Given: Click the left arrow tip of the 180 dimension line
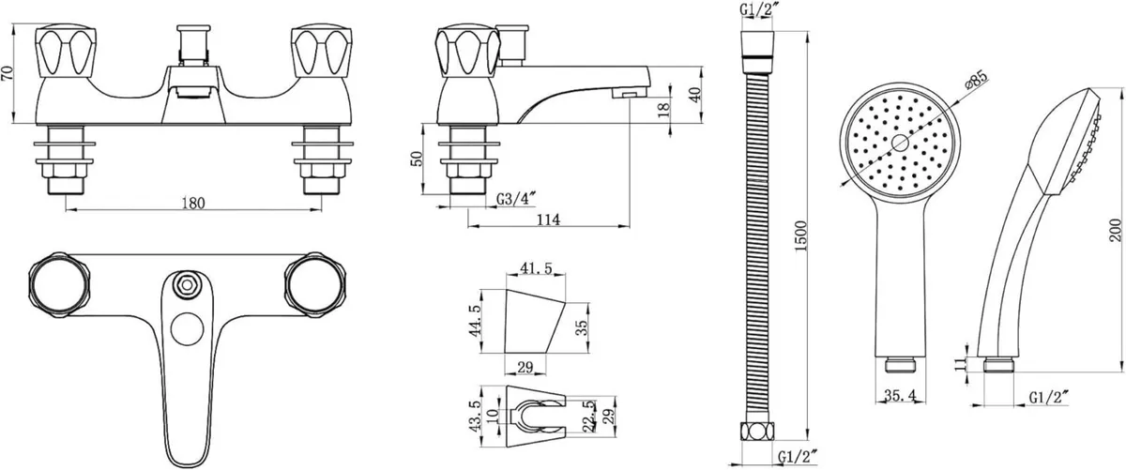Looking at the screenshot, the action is (66, 209).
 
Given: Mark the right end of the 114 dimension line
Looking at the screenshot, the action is (630, 226).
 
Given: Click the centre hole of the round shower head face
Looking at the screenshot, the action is (900, 143).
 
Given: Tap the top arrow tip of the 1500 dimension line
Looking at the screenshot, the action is (808, 32).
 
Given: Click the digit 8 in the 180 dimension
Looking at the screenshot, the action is (193, 203).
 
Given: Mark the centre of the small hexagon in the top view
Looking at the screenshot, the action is (187, 285).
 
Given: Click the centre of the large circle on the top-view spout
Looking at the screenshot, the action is (187, 329).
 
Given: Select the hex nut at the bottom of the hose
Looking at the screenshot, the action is (757, 432).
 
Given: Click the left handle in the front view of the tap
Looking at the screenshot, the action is (66, 52).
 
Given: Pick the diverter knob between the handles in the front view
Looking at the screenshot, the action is (193, 45).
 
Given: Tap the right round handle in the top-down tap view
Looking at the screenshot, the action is (315, 285).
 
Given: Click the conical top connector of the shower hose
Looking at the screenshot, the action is (757, 46).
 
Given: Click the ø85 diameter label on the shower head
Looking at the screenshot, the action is (976, 81).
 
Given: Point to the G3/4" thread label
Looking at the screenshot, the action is (516, 199).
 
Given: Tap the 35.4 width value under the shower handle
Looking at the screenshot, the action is (899, 396).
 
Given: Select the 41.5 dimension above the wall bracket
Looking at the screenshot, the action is (536, 268).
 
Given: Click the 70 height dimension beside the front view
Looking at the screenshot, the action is (8, 73).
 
